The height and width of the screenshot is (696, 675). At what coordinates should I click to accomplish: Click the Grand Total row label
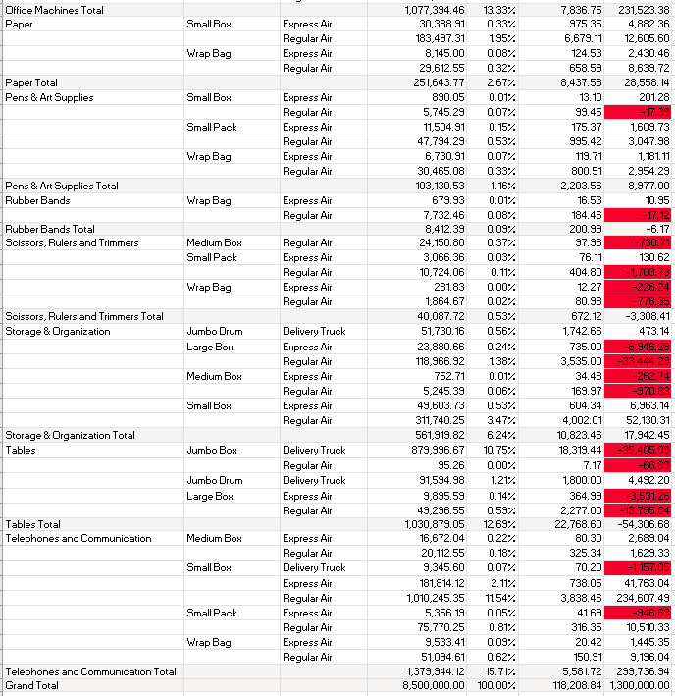point(32,685)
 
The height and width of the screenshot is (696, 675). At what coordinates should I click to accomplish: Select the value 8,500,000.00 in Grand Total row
point(435,685)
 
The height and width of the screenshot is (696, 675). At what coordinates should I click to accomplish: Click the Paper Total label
point(31,83)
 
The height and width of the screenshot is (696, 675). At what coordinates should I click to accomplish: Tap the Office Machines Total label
point(54,10)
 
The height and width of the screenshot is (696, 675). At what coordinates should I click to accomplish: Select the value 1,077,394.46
point(435,10)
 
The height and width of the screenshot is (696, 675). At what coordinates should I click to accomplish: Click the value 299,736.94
point(639,671)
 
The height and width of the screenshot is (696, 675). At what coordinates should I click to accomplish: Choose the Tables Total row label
point(33,524)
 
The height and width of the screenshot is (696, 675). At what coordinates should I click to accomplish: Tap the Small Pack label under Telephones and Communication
point(212,613)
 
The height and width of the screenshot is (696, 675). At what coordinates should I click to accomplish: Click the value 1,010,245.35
point(436,598)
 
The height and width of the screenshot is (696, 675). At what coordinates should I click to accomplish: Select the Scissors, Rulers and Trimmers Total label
point(84,316)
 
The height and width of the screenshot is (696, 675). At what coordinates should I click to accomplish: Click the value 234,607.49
point(638,598)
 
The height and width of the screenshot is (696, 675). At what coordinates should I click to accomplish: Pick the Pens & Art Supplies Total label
point(62,186)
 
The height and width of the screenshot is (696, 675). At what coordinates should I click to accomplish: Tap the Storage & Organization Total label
point(71,435)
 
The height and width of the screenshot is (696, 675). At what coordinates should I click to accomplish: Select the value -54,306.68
point(639,524)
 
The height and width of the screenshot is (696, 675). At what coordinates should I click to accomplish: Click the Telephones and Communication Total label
point(91,671)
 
